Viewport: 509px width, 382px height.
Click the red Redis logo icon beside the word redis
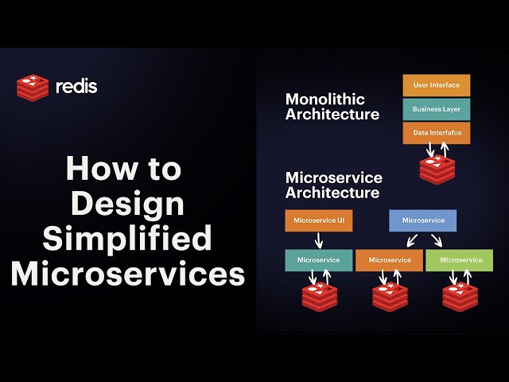point(32,86)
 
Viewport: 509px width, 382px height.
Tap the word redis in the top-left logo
point(76,86)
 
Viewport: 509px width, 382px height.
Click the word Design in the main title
point(127,204)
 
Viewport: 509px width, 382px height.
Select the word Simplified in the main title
point(127,239)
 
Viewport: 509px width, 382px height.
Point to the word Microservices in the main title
point(127,274)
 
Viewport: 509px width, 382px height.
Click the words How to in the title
point(124,169)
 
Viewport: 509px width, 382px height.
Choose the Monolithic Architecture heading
point(332,107)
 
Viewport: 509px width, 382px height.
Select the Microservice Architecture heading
point(333,185)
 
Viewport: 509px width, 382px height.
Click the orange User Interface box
point(437,85)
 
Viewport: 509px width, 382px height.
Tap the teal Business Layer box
point(437,109)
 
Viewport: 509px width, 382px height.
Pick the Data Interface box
point(437,133)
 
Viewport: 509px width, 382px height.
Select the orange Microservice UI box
point(318,220)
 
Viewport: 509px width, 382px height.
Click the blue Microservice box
point(422,220)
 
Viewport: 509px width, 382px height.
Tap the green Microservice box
point(460,260)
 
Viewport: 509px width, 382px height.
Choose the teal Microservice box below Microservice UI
point(318,260)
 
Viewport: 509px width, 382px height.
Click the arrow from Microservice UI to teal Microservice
point(318,240)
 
